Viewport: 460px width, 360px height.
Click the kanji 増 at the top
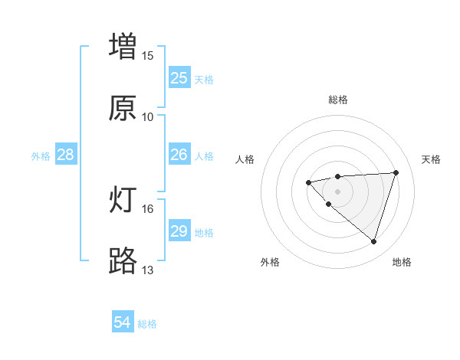click(123, 45)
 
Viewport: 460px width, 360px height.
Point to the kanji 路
click(123, 260)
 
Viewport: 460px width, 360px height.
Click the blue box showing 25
click(179, 78)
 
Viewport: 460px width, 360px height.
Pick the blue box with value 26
click(179, 155)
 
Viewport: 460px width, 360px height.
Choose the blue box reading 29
click(179, 231)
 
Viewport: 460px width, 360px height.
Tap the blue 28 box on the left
click(65, 155)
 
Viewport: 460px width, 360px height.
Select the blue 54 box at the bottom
click(123, 323)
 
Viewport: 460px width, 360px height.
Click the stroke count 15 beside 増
click(148, 56)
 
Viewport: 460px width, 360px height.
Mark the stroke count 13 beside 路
click(148, 270)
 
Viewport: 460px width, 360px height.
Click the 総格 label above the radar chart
click(338, 100)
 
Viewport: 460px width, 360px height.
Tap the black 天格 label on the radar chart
click(432, 159)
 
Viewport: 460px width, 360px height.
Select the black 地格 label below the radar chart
click(402, 262)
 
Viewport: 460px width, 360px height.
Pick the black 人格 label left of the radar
click(245, 159)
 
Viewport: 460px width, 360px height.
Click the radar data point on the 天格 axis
click(396, 172)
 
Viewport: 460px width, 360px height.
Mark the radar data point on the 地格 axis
click(373, 242)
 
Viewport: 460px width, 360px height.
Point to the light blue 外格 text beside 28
click(41, 155)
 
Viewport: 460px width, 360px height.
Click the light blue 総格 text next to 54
click(147, 324)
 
